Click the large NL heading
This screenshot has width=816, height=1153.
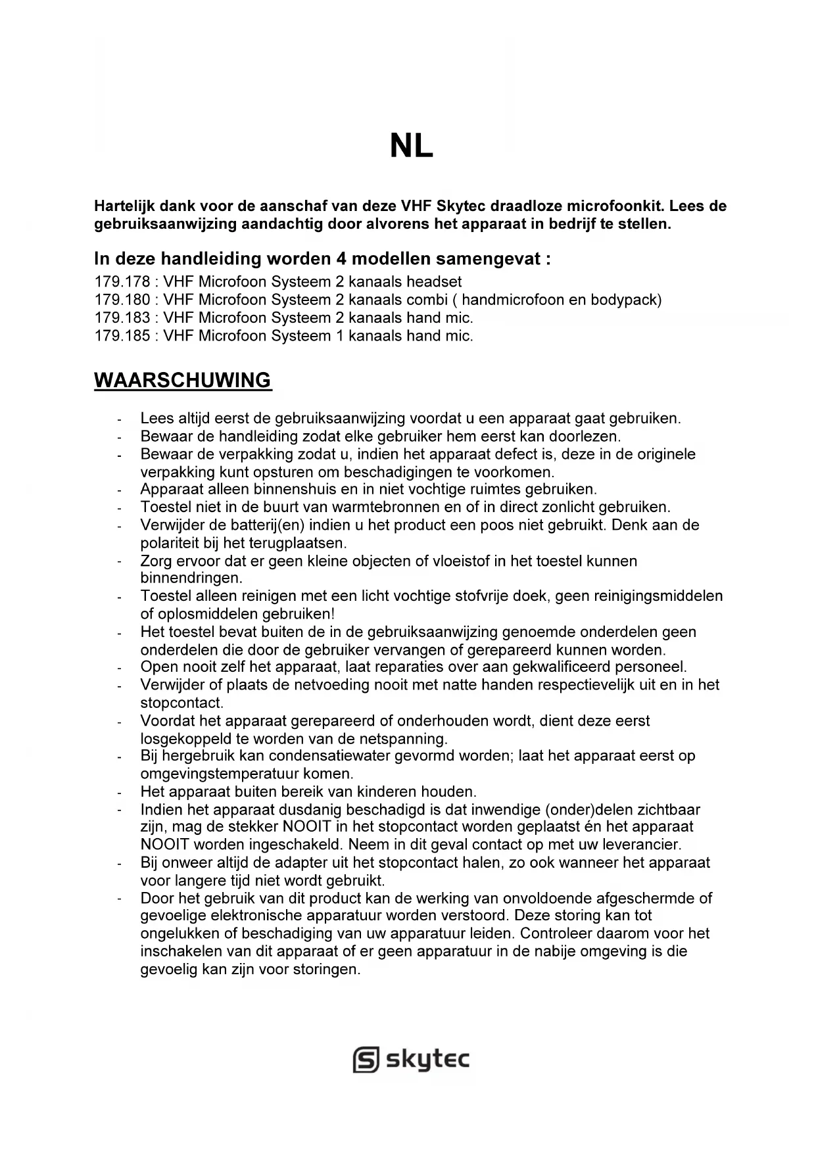coord(412,147)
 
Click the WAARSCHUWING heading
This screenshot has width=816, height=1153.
coord(183,380)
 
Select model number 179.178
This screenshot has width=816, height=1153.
coord(122,282)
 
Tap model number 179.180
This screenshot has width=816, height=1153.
coord(122,300)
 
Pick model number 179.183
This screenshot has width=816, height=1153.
coord(122,318)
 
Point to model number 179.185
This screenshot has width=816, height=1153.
coord(122,336)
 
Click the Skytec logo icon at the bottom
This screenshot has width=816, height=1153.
coord(366,1060)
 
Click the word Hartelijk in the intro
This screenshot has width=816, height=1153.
coord(124,206)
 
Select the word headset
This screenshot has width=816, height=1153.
coord(433,282)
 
